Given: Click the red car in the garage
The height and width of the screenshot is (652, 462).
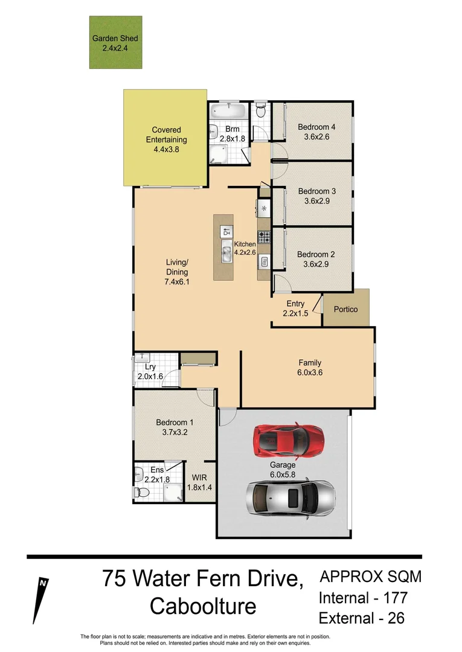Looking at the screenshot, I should (x=288, y=439).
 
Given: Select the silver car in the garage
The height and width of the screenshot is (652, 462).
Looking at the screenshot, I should (x=290, y=498).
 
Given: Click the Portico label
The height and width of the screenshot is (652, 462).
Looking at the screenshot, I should (x=345, y=309).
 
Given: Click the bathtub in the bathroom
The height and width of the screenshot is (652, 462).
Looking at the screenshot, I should (x=229, y=111).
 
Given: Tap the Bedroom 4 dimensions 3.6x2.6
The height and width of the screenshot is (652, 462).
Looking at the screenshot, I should (x=316, y=137).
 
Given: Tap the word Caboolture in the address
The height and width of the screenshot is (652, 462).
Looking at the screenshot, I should (x=202, y=606).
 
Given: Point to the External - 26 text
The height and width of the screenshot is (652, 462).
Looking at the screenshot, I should (x=361, y=618).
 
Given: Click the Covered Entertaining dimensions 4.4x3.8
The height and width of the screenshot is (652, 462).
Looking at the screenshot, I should (x=166, y=150).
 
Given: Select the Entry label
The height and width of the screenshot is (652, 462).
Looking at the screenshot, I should (x=295, y=304).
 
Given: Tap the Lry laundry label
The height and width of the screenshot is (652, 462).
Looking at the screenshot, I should (x=150, y=367).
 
